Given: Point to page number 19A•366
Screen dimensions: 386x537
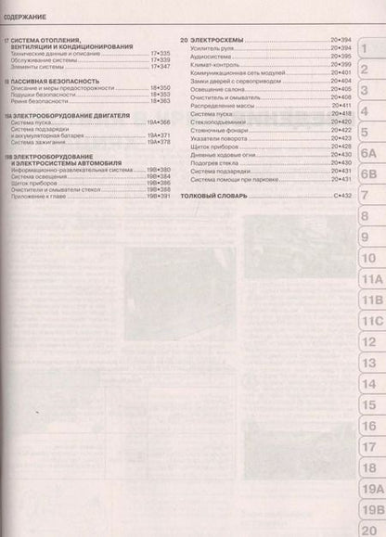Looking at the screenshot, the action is [157, 122].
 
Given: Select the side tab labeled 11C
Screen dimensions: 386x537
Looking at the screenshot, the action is [371, 320].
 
